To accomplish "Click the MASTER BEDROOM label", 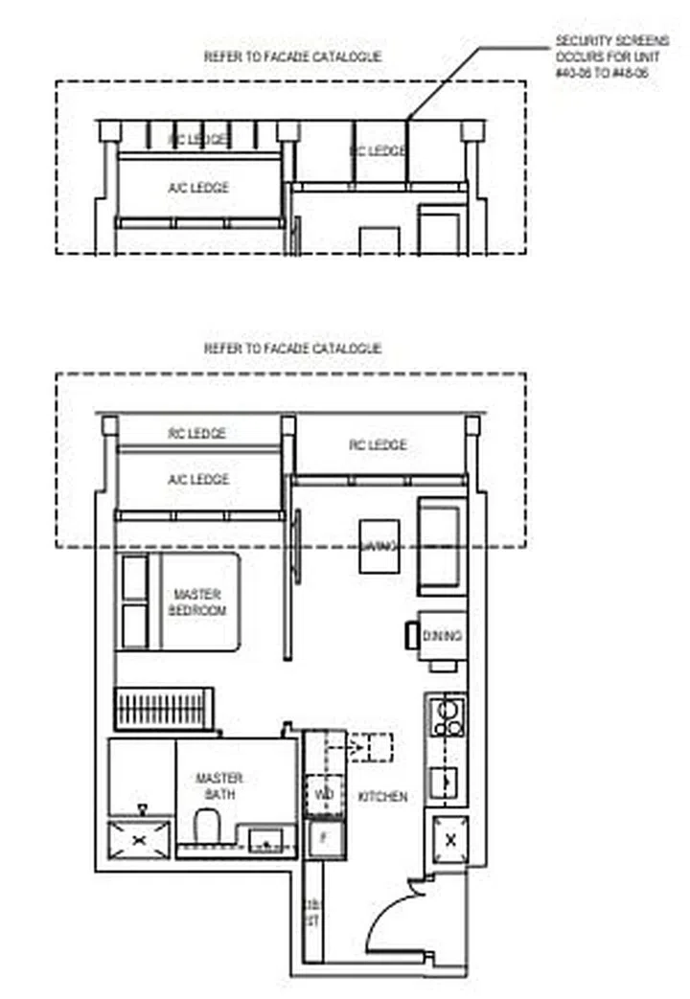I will tap(196, 602).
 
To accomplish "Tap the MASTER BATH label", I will tap(219, 785).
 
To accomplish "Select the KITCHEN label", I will tap(382, 796).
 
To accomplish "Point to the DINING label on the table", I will tap(442, 636).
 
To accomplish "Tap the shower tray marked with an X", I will tap(139, 839).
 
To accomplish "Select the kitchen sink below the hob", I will tap(446, 782).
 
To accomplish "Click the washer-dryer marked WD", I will tap(324, 793).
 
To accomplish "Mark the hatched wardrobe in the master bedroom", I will tap(162, 710).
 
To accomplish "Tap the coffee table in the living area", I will tap(379, 546).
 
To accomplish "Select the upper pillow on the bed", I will tap(135, 578).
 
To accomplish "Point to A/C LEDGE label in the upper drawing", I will tap(198, 188).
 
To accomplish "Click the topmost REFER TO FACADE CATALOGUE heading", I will tap(292, 57).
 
